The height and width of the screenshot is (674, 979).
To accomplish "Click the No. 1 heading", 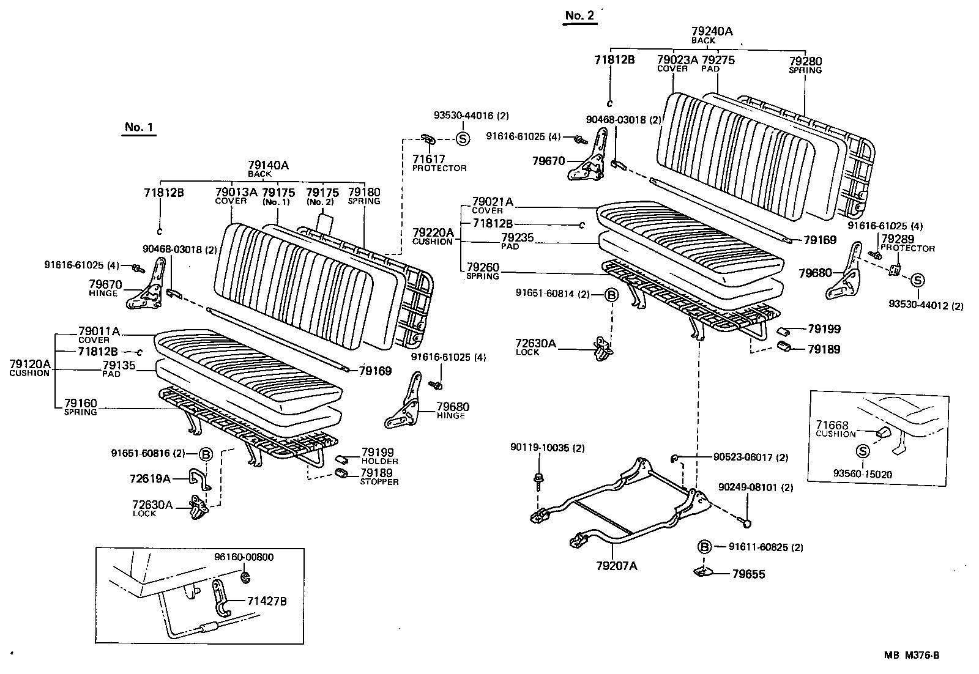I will [x=138, y=127].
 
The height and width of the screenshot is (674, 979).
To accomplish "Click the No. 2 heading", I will [x=579, y=16].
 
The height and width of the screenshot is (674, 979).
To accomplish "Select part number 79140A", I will [x=268, y=165].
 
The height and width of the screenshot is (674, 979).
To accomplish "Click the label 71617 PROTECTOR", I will [x=438, y=163].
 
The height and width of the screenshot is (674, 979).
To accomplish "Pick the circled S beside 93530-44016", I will [x=463, y=139].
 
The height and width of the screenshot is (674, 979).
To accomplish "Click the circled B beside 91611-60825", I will [x=704, y=547].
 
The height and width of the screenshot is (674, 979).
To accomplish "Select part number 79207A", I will [x=617, y=566].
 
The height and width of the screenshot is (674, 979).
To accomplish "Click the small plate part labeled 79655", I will [x=704, y=572].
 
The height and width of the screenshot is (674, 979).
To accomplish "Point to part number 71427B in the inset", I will [x=266, y=601].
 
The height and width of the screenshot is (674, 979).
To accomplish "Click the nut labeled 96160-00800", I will [x=246, y=577].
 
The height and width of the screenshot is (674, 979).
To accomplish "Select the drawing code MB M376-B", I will [x=911, y=655].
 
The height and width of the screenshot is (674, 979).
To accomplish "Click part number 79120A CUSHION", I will [x=29, y=368].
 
